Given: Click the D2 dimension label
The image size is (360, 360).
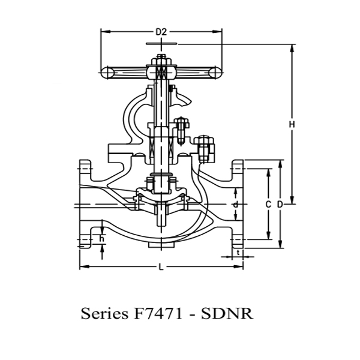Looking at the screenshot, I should coord(161,31).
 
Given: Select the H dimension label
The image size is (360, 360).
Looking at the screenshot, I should coord(292,124).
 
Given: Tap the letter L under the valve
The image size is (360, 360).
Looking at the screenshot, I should coord(161,268).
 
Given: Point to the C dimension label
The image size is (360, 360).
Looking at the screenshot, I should coord(268,205).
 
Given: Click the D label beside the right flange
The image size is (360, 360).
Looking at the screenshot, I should coord(280,205).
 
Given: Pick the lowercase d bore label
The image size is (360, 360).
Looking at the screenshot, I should coord(236,205).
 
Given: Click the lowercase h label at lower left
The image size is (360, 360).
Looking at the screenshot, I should coord(102,239).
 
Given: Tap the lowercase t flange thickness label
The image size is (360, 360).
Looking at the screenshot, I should coord(239,253).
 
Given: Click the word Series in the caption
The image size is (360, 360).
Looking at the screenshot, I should coord(103,314).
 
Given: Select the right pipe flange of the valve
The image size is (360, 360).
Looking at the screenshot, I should coord(238,205).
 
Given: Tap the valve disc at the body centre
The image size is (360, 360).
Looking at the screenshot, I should coord(161,198).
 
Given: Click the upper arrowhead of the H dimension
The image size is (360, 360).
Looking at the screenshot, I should coord(292,46).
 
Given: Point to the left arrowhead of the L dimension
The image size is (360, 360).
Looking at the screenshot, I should coord(82,266).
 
